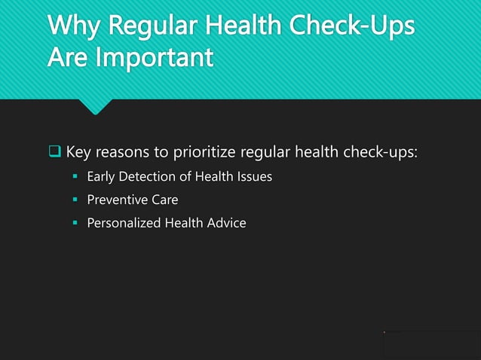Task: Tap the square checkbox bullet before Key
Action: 55,153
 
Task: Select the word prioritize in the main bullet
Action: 206,153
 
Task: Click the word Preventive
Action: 116,200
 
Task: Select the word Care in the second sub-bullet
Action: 164,200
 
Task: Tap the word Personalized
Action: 123,223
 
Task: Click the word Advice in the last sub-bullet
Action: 226,223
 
